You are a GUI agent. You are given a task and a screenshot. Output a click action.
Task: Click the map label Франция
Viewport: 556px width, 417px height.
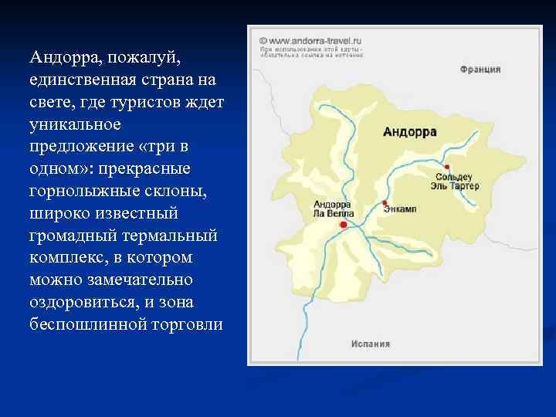click(x=480, y=69)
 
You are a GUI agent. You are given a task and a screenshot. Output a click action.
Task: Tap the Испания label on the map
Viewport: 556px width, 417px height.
click(x=371, y=344)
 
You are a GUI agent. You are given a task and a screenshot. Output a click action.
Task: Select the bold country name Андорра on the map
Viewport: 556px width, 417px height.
click(x=410, y=132)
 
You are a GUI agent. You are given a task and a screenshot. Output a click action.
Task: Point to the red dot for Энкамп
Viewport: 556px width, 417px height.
click(x=385, y=203)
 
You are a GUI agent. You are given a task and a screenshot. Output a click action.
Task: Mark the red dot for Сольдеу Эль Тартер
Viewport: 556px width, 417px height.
click(x=446, y=166)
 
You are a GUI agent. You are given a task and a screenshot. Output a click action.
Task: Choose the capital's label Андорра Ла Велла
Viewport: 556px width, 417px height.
click(x=334, y=208)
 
